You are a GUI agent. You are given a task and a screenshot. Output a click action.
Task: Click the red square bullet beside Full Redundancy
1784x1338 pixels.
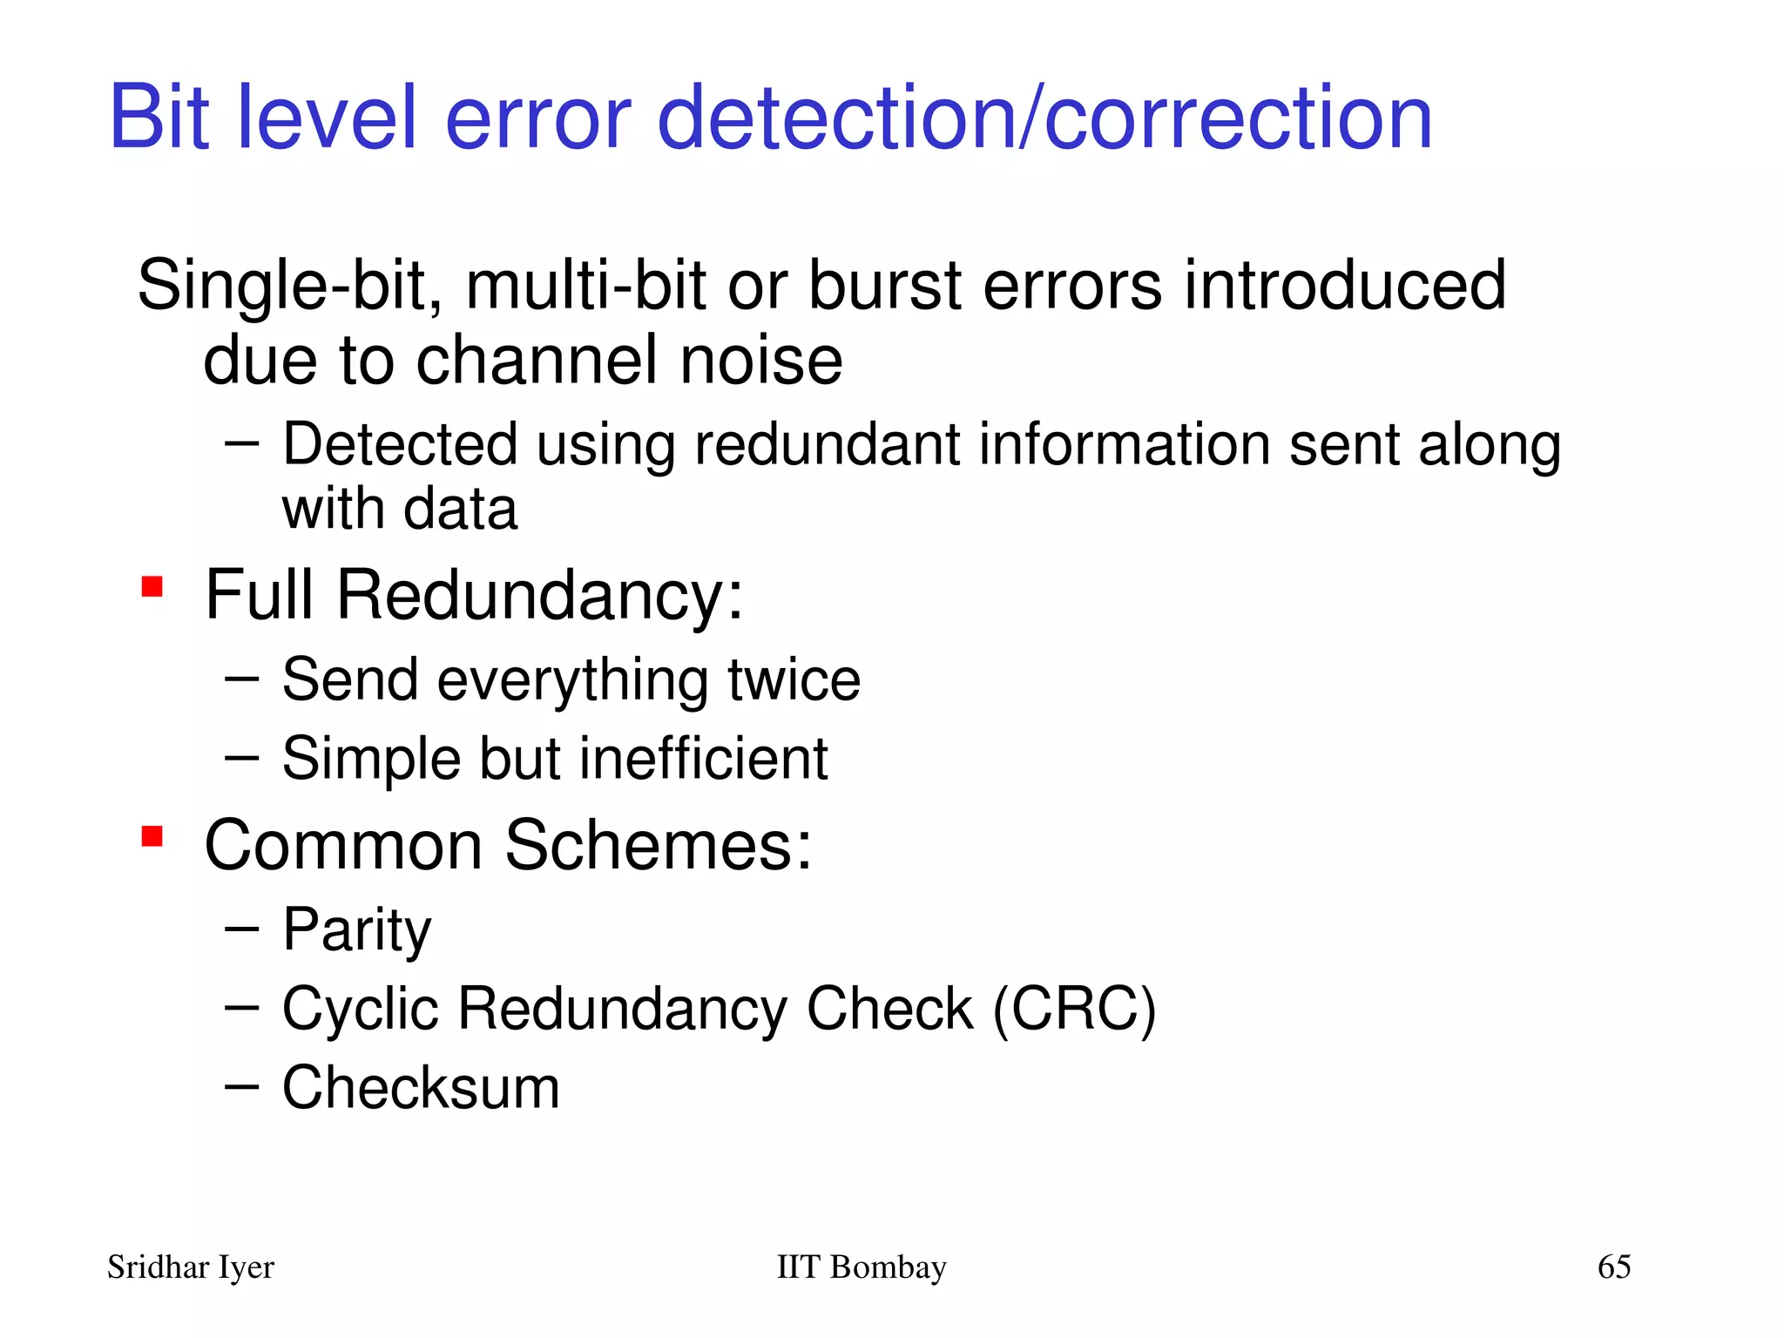152,587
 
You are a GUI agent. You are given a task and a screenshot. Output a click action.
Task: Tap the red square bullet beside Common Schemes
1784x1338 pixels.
152,837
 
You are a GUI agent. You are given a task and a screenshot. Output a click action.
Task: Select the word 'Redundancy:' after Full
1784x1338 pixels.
540,595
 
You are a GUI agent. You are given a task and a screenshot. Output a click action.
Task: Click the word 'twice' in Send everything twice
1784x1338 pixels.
794,680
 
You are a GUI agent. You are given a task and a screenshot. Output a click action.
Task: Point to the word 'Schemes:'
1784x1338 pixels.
658,845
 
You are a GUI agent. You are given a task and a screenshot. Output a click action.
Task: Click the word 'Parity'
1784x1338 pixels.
356,930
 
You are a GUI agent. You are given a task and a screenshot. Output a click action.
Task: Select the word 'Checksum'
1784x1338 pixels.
421,1088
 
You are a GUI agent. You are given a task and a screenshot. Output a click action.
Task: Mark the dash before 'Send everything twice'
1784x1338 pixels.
241,679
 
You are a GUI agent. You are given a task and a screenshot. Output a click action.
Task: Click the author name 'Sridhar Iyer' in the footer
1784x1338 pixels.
191,1267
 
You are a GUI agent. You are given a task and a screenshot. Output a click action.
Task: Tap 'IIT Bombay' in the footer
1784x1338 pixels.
861,1267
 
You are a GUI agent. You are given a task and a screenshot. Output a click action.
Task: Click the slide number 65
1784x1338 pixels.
1613,1267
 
